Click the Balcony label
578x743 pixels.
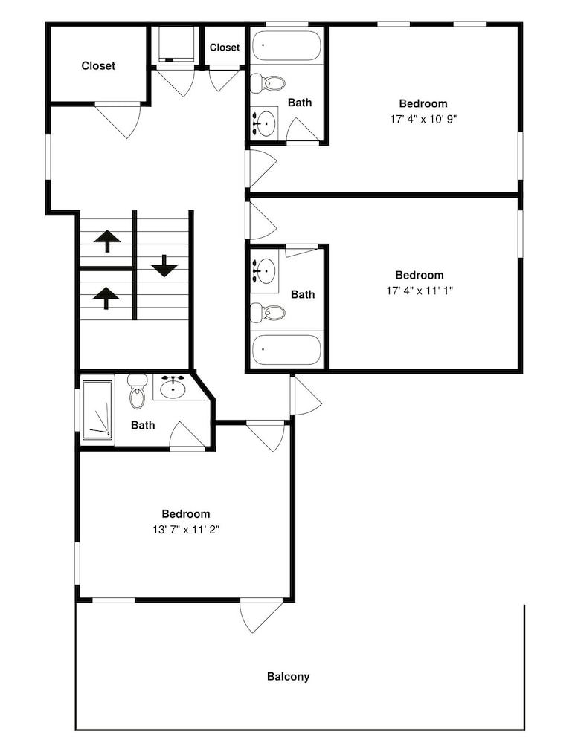[288, 677]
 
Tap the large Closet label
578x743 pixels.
[98, 66]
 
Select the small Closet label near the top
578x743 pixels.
[225, 48]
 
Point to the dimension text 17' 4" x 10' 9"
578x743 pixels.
[423, 119]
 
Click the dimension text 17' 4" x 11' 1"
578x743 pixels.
[420, 291]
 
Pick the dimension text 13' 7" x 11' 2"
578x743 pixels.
[185, 529]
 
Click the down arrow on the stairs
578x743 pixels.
[164, 265]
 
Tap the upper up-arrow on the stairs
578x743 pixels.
[107, 241]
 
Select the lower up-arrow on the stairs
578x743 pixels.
[106, 298]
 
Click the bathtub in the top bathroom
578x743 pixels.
[286, 46]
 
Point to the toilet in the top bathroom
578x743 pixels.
[267, 83]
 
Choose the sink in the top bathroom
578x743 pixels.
[264, 123]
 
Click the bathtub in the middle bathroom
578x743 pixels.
[286, 350]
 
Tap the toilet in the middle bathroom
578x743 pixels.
[267, 313]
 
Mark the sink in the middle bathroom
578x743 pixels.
[264, 270]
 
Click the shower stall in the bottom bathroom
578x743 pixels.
[97, 409]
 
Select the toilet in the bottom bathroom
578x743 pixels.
[138, 392]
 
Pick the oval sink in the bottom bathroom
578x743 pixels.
[173, 389]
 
